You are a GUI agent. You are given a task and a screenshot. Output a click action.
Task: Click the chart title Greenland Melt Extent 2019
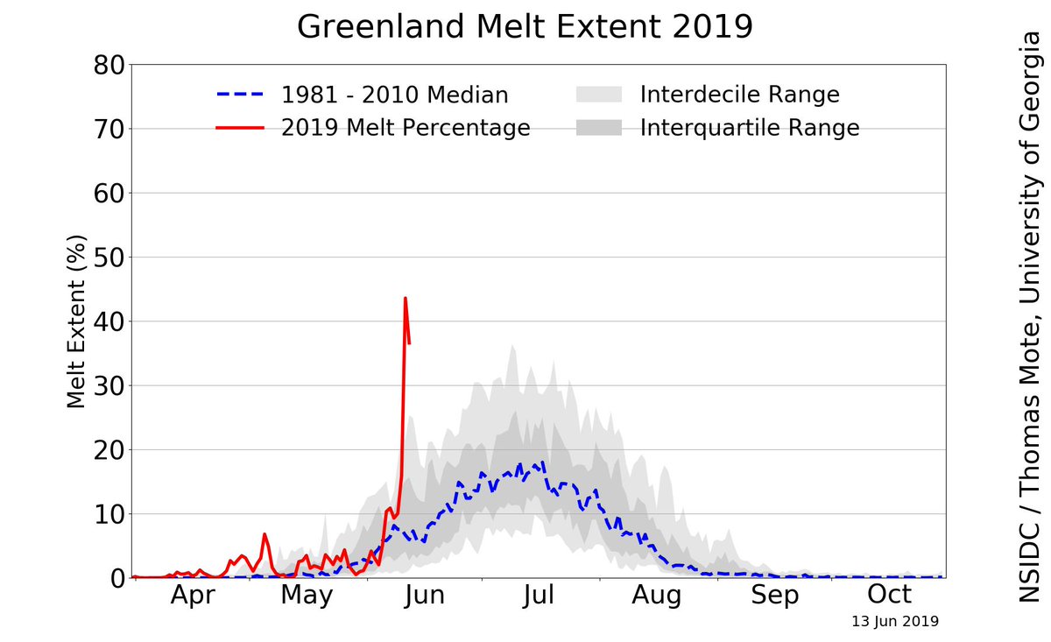click(x=525, y=26)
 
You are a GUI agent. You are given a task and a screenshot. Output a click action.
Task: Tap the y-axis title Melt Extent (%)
click(x=77, y=321)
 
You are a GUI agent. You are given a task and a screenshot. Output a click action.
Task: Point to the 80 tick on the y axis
click(x=103, y=66)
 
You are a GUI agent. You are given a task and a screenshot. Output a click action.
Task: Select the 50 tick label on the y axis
click(x=103, y=258)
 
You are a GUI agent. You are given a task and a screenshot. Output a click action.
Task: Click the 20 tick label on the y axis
click(x=103, y=450)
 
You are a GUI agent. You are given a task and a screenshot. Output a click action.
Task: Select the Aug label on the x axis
click(x=657, y=596)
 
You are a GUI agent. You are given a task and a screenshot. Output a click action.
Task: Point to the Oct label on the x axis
click(x=890, y=596)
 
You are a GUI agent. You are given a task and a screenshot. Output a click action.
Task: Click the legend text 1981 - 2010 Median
click(x=394, y=95)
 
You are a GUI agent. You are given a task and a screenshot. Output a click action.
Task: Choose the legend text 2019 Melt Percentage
click(x=406, y=128)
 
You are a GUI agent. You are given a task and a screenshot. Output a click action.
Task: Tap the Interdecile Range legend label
click(x=739, y=95)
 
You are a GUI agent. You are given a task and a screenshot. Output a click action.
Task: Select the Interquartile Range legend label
click(x=750, y=128)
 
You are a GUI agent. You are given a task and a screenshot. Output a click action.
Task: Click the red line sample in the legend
click(x=240, y=128)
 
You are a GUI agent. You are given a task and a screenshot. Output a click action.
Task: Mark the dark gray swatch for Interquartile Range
click(x=599, y=128)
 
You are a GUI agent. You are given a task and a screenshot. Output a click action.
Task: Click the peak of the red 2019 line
click(x=405, y=298)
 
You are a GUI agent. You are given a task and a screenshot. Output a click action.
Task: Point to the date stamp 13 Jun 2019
click(x=895, y=622)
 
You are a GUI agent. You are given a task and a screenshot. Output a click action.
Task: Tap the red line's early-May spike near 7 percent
click(x=265, y=534)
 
